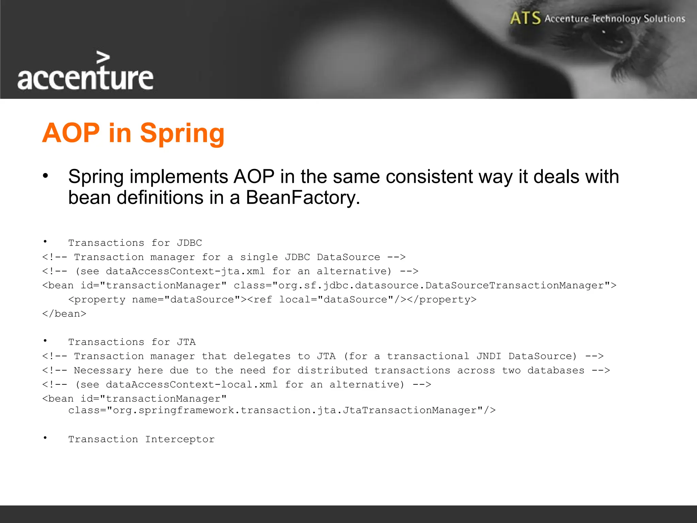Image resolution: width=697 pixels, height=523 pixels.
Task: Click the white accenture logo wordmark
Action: (x=85, y=78)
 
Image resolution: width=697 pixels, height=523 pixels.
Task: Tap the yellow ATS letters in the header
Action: (x=525, y=18)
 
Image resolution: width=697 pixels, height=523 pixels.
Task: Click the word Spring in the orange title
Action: (x=182, y=133)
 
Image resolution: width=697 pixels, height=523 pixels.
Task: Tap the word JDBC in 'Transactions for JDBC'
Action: (x=189, y=243)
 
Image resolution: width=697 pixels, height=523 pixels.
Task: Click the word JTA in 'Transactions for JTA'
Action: (x=186, y=342)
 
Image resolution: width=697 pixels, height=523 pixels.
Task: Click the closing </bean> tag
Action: (x=64, y=314)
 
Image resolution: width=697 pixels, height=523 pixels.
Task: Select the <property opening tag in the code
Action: (x=97, y=300)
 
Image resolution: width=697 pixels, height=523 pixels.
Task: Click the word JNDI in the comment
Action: (x=489, y=356)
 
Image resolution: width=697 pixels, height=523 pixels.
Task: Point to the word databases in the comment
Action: (x=556, y=370)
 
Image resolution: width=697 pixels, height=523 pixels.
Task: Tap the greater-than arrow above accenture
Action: (x=103, y=58)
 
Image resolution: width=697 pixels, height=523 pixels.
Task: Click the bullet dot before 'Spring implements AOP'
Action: (x=45, y=176)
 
